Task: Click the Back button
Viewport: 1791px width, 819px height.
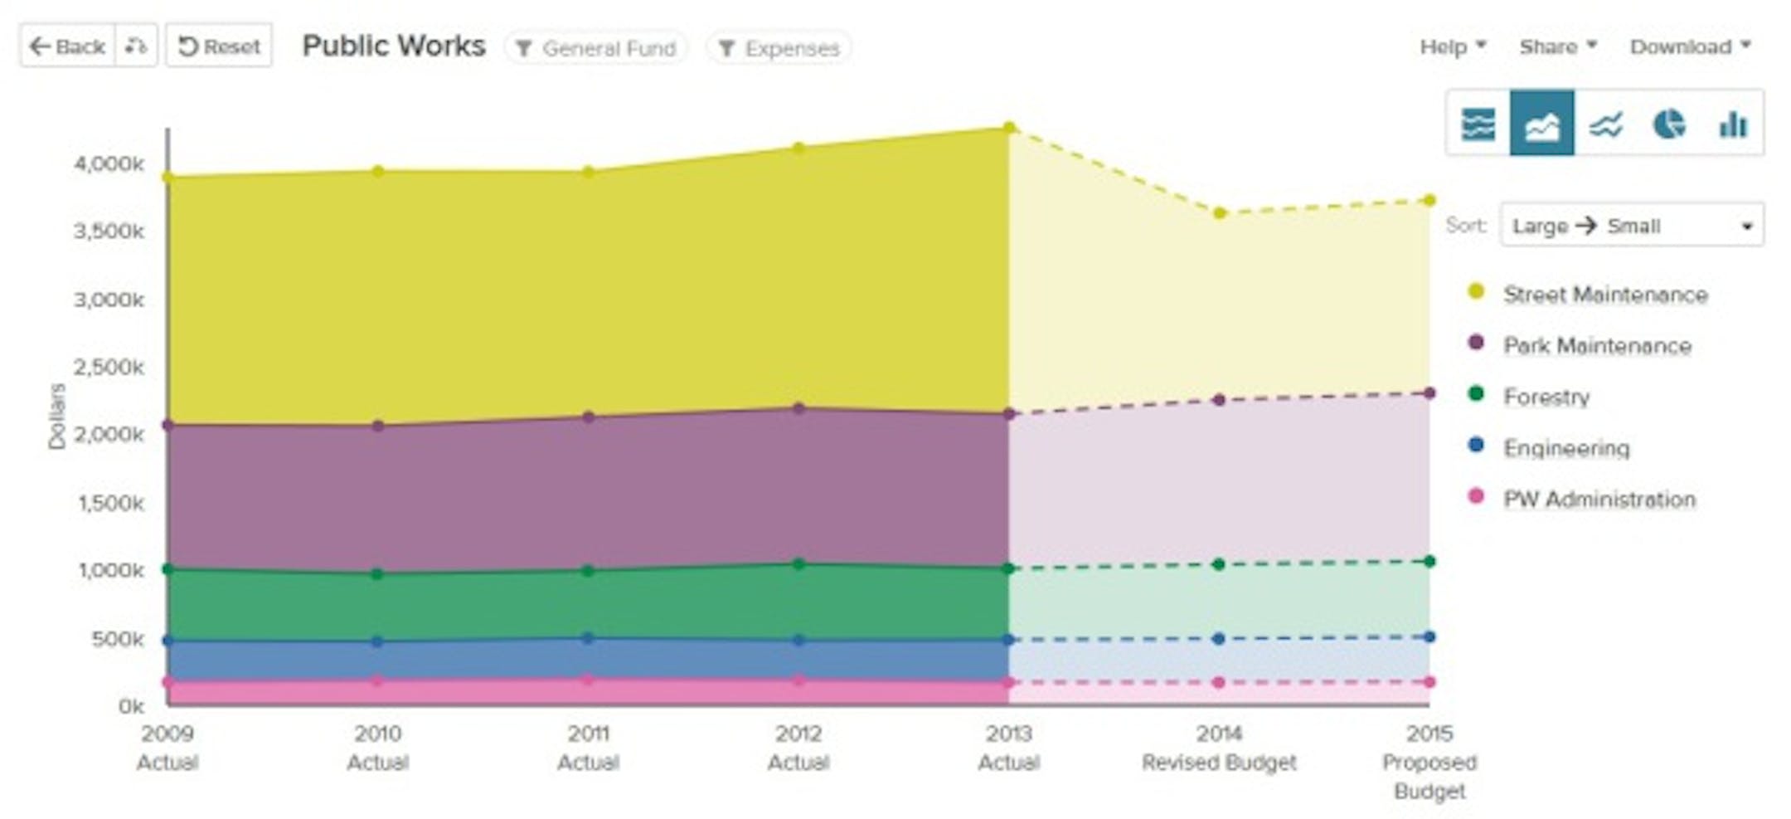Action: coord(67,46)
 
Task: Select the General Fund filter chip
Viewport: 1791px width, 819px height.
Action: coord(596,48)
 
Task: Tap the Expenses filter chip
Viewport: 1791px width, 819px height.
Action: coord(779,48)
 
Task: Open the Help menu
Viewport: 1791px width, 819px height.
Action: coord(1452,46)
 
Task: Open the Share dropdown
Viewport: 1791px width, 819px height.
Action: coord(1557,46)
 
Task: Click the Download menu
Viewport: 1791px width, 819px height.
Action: coord(1690,46)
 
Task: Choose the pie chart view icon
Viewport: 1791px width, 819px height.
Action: coord(1668,124)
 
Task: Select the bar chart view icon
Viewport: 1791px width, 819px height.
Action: coord(1732,124)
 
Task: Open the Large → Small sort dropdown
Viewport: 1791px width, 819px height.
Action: coord(1631,226)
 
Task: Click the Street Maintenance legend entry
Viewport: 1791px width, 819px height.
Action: coord(1604,295)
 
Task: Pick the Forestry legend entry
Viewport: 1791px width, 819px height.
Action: coord(1546,397)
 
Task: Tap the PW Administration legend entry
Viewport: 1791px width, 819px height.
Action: coord(1599,500)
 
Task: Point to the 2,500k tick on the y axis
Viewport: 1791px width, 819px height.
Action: coord(109,367)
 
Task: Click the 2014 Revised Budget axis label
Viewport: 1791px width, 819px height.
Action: coord(1218,748)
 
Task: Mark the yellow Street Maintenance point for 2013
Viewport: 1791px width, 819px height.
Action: coord(1009,128)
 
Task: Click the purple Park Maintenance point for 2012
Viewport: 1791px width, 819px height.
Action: coord(798,408)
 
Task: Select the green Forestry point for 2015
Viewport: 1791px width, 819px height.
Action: coord(1429,562)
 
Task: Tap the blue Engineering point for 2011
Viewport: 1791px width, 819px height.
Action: coord(588,638)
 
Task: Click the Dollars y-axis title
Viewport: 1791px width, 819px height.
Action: coord(56,417)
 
